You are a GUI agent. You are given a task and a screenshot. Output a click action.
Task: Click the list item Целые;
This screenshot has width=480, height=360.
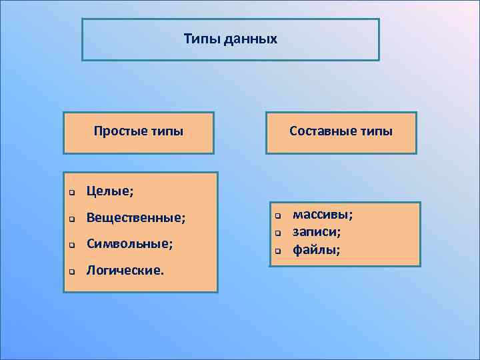pyautogui.click(x=110, y=192)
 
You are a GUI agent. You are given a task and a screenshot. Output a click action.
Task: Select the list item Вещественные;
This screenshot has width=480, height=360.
pyautogui.click(x=136, y=218)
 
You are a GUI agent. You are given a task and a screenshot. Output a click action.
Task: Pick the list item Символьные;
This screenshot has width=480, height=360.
pyautogui.click(x=129, y=244)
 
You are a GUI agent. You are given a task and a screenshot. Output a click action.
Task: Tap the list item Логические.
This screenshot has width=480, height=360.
pyautogui.click(x=125, y=271)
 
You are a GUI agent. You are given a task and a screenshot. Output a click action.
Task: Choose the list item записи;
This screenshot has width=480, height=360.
pyautogui.click(x=317, y=232)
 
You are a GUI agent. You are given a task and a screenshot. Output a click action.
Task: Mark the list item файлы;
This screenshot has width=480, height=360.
pyautogui.click(x=317, y=250)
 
